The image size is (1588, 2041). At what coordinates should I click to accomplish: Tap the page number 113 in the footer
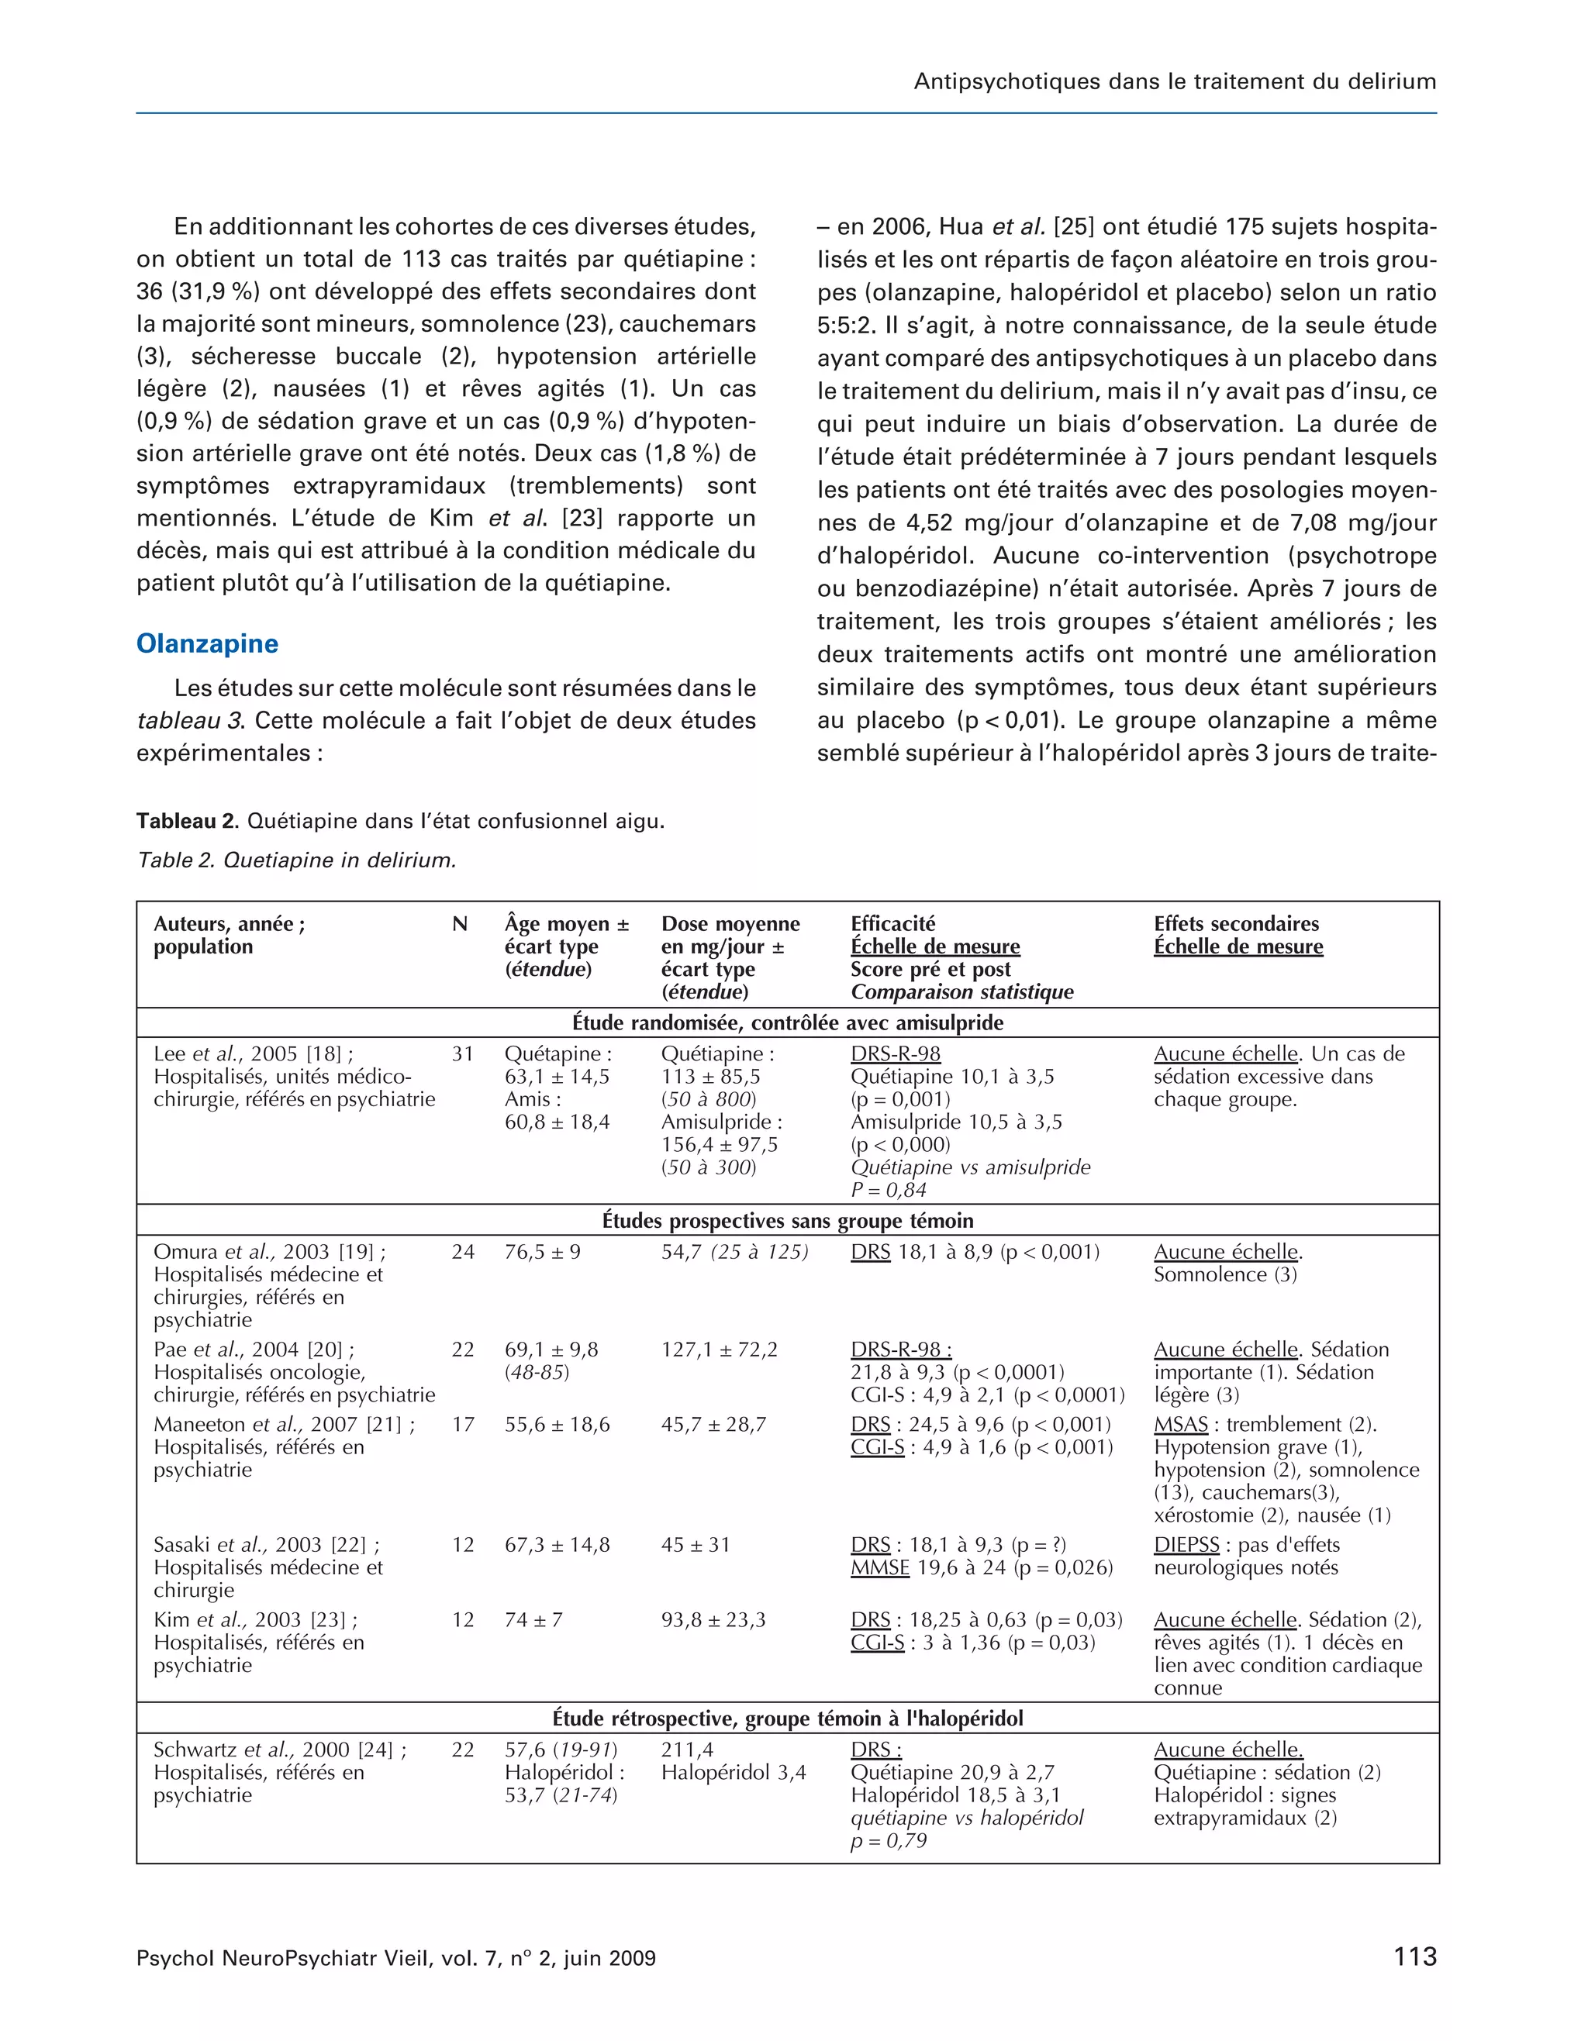(1414, 1956)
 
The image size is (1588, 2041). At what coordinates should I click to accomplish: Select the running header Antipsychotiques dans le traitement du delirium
(1174, 81)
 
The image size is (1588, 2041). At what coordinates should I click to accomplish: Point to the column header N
(459, 924)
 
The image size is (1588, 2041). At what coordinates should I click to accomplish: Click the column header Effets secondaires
(1236, 924)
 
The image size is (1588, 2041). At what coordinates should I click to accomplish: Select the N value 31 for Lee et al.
(463, 1054)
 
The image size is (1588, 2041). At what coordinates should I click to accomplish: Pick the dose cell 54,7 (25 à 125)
(734, 1252)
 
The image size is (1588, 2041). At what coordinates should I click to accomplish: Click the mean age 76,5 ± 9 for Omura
(542, 1252)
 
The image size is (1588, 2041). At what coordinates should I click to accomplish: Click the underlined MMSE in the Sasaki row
(879, 1567)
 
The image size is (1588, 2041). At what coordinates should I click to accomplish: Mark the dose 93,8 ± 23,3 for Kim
(713, 1619)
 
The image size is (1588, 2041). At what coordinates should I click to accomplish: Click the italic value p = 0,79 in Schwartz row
(888, 1840)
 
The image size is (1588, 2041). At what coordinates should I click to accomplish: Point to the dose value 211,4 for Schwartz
(687, 1750)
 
